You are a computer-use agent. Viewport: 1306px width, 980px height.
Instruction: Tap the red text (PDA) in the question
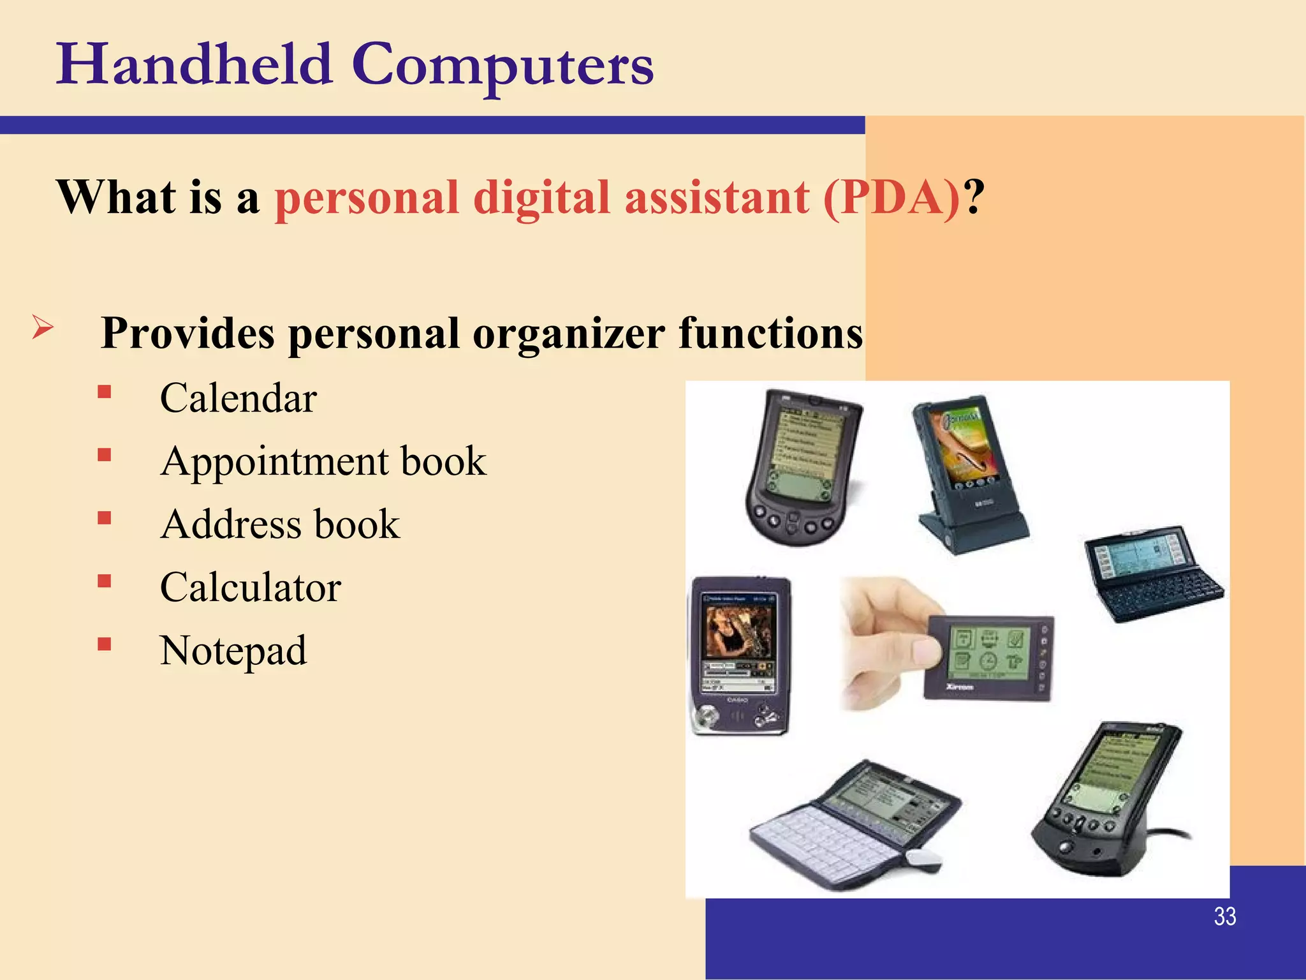891,197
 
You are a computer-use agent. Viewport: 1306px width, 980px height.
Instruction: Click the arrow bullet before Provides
42,328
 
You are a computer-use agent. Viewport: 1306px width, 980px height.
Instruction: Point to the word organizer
569,333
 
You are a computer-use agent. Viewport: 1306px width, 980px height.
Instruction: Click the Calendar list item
238,398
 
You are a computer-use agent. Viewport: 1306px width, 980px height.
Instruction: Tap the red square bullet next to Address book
105,517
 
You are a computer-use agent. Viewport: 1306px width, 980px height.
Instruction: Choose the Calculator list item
250,587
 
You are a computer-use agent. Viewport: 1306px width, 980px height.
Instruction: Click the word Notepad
233,650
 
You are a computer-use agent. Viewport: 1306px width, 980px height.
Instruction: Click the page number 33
1224,916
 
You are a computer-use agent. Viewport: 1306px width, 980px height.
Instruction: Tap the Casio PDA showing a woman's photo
740,654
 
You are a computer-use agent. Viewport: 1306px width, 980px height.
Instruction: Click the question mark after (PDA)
974,197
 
